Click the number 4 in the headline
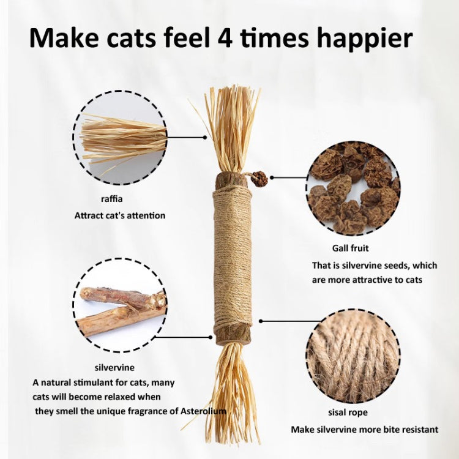[x=225, y=37]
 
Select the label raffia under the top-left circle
[x=112, y=199]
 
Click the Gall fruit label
[x=351, y=248]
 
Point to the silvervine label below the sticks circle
[x=115, y=368]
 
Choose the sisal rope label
[x=348, y=412]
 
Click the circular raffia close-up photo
[x=120, y=138]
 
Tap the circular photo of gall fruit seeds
[x=353, y=188]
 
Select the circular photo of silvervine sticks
[x=120, y=305]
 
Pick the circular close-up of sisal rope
[x=353, y=356]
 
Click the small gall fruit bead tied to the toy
[x=259, y=179]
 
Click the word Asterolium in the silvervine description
[x=203, y=411]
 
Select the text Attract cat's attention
[x=120, y=216]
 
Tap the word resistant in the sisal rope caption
[x=419, y=430]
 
